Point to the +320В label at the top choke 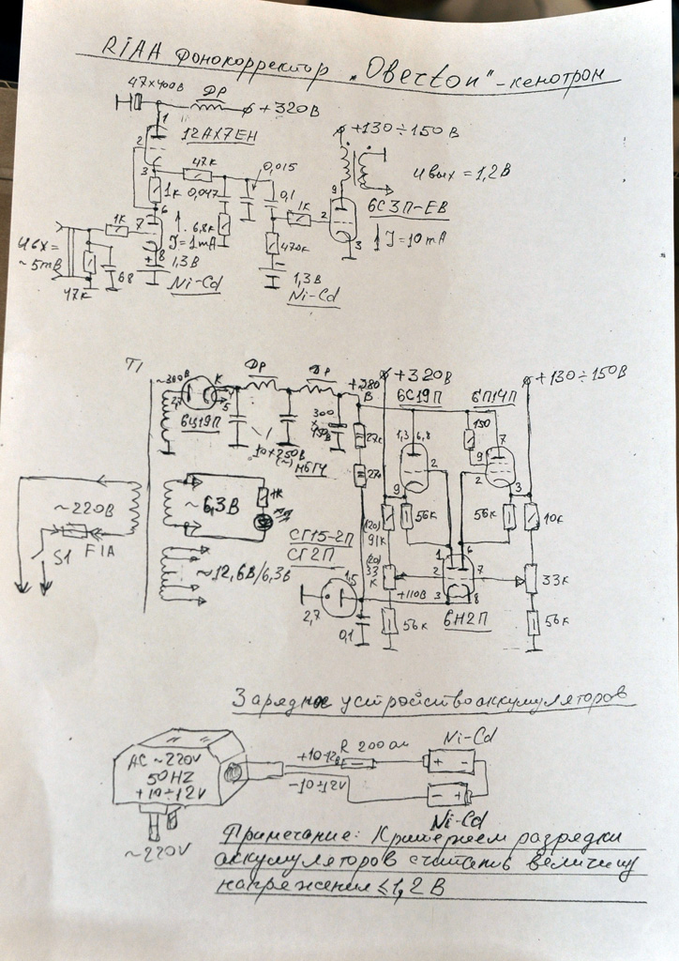pyautogui.click(x=287, y=109)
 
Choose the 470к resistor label pyautogui.click(x=296, y=248)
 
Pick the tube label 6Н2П pyautogui.click(x=459, y=622)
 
